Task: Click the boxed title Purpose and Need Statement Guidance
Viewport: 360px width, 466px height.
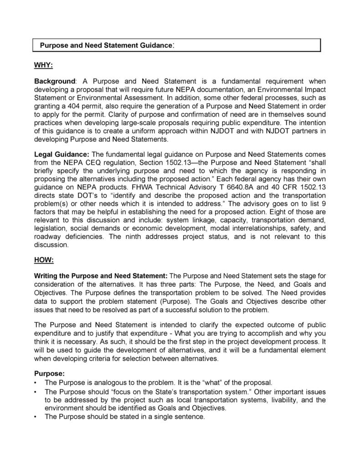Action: (x=106, y=46)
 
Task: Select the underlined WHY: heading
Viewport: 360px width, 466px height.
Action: (x=44, y=65)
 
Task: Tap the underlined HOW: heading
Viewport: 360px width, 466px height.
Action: (x=44, y=260)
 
